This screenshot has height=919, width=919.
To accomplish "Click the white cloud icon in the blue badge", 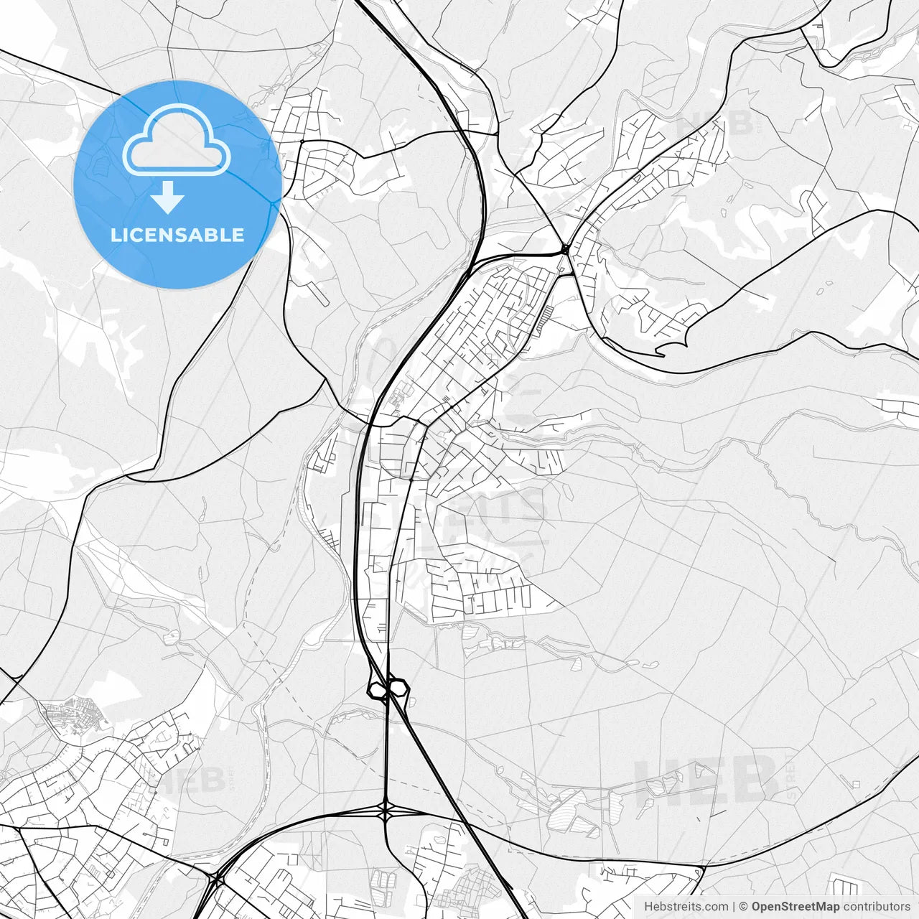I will (x=177, y=140).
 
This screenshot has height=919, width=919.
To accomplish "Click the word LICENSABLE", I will (x=177, y=235).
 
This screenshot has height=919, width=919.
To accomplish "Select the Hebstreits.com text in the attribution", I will (x=686, y=907).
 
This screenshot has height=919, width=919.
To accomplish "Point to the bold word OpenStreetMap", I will (x=796, y=907).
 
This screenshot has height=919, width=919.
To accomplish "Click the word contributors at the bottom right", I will (x=877, y=907).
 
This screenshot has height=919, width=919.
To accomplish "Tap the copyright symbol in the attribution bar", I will (x=744, y=907).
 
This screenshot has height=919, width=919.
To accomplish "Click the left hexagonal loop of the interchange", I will (x=376, y=690).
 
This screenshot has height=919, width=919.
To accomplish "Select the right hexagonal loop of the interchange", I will (x=398, y=688).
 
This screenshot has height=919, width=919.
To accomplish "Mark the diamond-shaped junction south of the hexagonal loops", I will (x=387, y=811).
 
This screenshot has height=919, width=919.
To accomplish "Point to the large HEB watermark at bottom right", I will (x=707, y=780).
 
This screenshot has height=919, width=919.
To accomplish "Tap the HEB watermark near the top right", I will (x=714, y=123).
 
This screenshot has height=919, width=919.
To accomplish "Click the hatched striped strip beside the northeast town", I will (x=544, y=317).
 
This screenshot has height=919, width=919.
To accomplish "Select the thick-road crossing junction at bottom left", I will (x=216, y=877).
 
